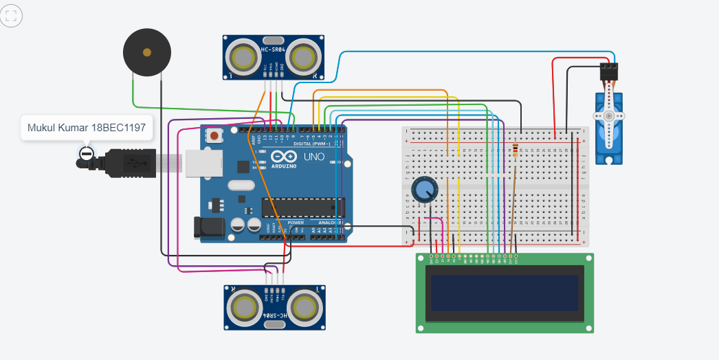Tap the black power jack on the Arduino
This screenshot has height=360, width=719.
point(210,227)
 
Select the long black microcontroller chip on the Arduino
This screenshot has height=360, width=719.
point(302,207)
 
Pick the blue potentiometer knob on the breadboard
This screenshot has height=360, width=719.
point(423,190)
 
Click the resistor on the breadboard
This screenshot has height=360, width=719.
point(516,150)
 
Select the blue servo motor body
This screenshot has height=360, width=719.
point(608,127)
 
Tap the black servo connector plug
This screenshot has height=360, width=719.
point(610,71)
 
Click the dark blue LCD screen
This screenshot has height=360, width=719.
point(505,293)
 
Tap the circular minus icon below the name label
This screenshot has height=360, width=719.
point(86,153)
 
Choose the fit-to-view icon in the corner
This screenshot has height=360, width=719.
point(12,15)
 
